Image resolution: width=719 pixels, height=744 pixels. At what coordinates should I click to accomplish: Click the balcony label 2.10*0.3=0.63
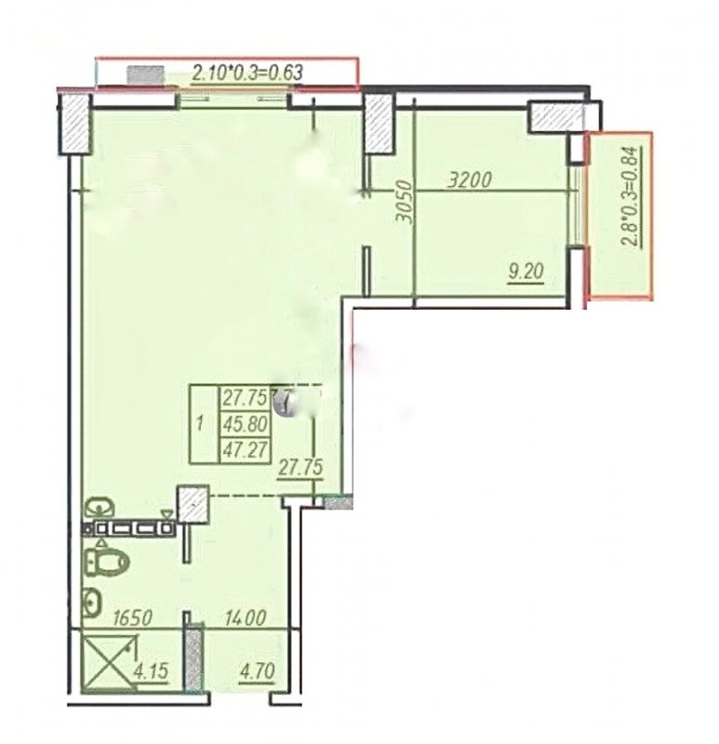[x=247, y=73]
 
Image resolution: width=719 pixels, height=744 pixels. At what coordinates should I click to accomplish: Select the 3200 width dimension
[x=471, y=180]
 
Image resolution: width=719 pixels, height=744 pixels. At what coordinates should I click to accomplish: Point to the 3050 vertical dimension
[x=404, y=201]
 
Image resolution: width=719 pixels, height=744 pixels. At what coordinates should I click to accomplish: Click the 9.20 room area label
[x=526, y=272]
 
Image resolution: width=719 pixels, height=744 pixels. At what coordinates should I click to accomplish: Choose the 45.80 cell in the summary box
[x=245, y=423]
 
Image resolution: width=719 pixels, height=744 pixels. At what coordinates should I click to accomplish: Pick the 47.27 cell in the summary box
[x=245, y=449]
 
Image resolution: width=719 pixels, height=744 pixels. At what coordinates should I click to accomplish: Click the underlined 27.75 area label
[x=300, y=468]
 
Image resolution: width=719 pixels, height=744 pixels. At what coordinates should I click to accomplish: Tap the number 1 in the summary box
[x=200, y=423]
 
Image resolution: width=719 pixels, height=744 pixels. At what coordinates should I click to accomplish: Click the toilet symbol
[x=107, y=562]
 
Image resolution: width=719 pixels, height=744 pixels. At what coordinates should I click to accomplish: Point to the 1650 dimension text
[x=132, y=618]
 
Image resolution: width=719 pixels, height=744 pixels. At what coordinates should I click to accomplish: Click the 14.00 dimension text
[x=246, y=618]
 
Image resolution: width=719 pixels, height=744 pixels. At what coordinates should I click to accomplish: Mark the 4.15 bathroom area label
[x=152, y=671]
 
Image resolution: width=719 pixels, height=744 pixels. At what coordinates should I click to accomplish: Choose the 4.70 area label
[x=258, y=671]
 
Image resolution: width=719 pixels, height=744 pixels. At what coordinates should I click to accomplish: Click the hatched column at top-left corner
[x=75, y=124]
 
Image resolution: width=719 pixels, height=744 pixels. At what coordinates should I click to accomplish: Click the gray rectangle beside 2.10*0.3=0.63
[x=145, y=75]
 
